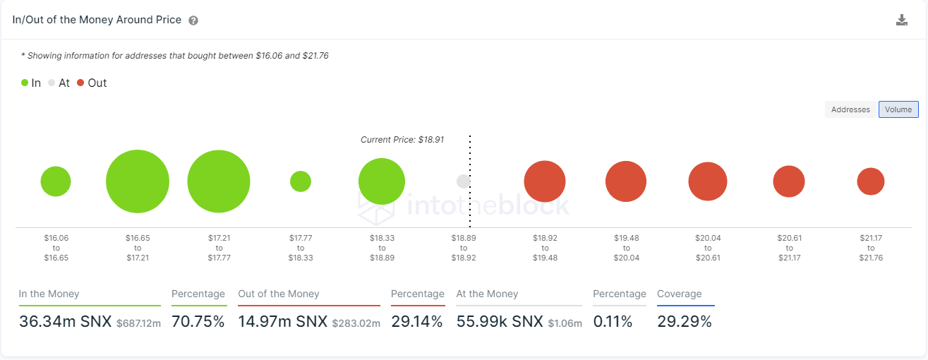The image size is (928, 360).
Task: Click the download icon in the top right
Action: tap(901, 20)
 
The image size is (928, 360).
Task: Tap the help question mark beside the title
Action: tap(193, 20)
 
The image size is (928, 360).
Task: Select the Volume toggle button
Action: tap(898, 109)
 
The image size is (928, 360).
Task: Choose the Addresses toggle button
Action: tap(850, 109)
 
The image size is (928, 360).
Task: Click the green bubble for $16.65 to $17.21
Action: tap(138, 181)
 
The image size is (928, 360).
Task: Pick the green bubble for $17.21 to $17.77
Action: tap(219, 181)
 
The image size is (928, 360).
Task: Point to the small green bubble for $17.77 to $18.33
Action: tap(301, 181)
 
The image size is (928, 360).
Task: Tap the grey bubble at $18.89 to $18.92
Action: tap(463, 181)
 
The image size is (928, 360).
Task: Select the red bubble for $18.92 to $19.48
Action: tap(545, 181)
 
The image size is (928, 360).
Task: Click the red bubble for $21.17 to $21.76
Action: tap(871, 181)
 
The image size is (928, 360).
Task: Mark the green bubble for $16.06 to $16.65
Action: tap(56, 181)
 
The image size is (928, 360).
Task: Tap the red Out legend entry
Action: tap(92, 83)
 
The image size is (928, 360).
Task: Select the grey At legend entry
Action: tap(59, 83)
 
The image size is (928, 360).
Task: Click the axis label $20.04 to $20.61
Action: tap(708, 248)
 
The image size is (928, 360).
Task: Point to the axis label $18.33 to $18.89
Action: tap(382, 248)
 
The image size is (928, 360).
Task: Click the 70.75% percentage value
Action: tap(198, 322)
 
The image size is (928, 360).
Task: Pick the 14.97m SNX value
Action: tap(283, 322)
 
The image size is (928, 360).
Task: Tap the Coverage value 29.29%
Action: tap(684, 322)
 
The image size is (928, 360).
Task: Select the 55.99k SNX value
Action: tap(500, 322)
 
